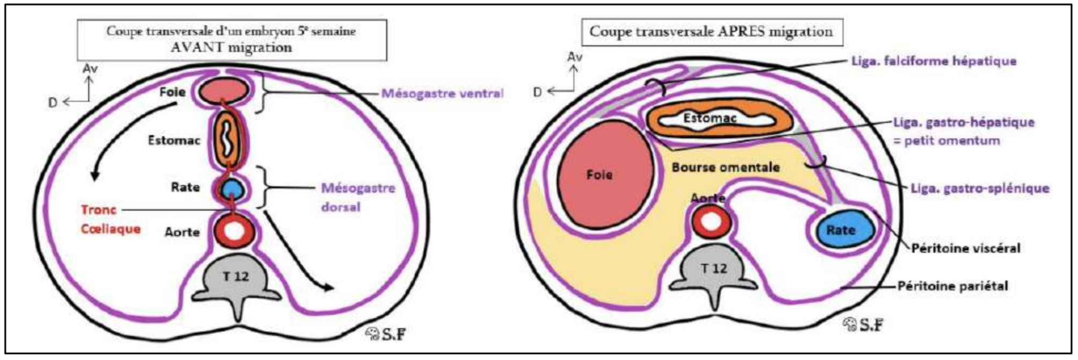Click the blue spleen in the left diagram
click(x=233, y=188)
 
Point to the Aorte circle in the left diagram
click(x=233, y=231)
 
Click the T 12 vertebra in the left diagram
click(x=236, y=278)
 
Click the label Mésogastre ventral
click(x=442, y=93)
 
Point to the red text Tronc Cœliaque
click(x=111, y=219)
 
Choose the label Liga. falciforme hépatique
click(x=934, y=61)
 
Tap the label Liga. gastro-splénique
click(x=980, y=188)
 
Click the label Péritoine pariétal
click(x=952, y=286)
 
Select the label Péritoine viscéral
click(x=965, y=248)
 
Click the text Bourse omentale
click(x=725, y=167)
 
